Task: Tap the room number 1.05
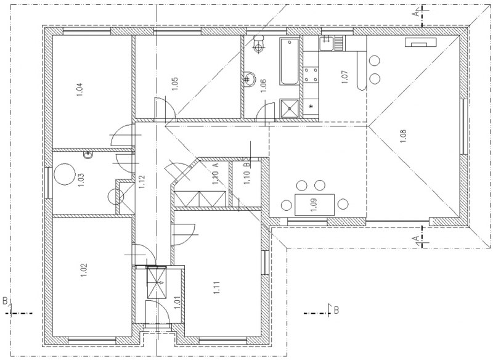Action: coord(175,84)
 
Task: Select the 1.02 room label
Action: coord(84,270)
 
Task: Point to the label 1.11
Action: coord(217,288)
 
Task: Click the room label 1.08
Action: coord(404,136)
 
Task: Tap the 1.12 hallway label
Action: coord(141,181)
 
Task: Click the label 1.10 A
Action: coord(216,174)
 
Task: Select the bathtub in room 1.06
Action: coord(289,62)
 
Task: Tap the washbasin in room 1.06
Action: coord(250,78)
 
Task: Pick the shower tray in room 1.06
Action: coord(289,108)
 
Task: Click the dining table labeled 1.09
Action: coord(314,205)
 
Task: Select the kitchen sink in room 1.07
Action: coord(327,43)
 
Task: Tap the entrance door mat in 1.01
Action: coord(157,282)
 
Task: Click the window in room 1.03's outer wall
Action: coord(49,182)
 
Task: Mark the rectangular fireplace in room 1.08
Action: coord(421,42)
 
